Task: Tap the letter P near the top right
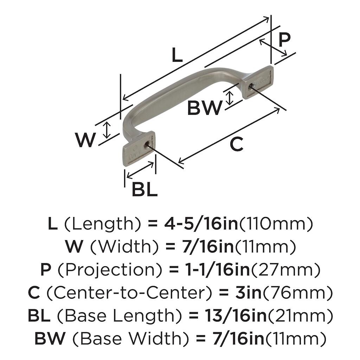pos(284,40)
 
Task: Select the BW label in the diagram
pos(205,108)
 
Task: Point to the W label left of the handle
pos(85,140)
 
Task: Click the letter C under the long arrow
pos(236,144)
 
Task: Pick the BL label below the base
pos(144,190)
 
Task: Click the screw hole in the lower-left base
pos(146,143)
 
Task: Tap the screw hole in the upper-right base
pos(251,86)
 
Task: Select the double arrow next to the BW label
pos(230,97)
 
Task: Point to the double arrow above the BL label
pos(140,169)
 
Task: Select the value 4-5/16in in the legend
pos(201,224)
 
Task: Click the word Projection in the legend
pos(109,270)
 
